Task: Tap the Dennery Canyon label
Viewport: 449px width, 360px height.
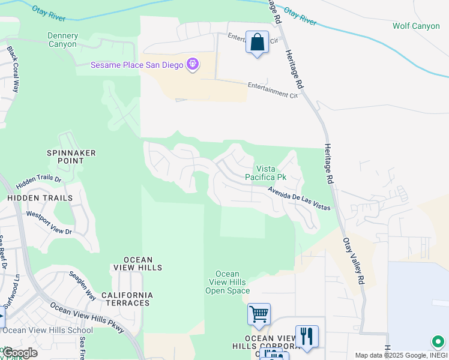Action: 62,40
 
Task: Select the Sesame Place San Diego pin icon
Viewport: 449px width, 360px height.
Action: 192,64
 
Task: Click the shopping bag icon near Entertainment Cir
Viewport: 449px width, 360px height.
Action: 257,43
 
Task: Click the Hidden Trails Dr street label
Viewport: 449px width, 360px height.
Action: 39,179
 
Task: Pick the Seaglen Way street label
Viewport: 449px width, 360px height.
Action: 82,284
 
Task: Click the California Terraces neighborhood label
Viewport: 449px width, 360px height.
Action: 126,299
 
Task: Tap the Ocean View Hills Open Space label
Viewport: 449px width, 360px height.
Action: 228,283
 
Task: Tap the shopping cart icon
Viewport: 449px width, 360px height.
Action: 259,314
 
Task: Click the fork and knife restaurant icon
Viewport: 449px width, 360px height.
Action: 307,337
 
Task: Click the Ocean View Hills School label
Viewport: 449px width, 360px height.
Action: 48,330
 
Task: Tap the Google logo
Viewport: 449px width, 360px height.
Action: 19,353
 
